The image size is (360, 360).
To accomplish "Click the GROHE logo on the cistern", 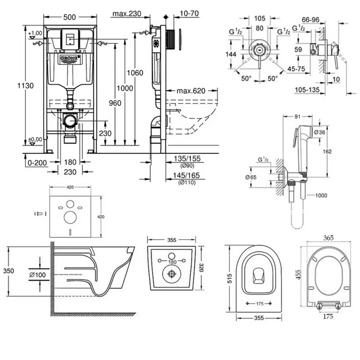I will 70,59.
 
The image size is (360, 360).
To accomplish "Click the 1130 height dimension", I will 27,85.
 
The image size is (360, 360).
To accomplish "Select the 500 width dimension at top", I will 70,16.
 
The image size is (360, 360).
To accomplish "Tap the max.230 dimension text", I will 127,14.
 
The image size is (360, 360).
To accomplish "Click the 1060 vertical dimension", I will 135,73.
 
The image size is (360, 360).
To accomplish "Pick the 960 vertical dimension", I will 115,103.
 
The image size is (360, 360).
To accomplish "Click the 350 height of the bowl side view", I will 9,271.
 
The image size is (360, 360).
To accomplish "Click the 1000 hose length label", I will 320,196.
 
